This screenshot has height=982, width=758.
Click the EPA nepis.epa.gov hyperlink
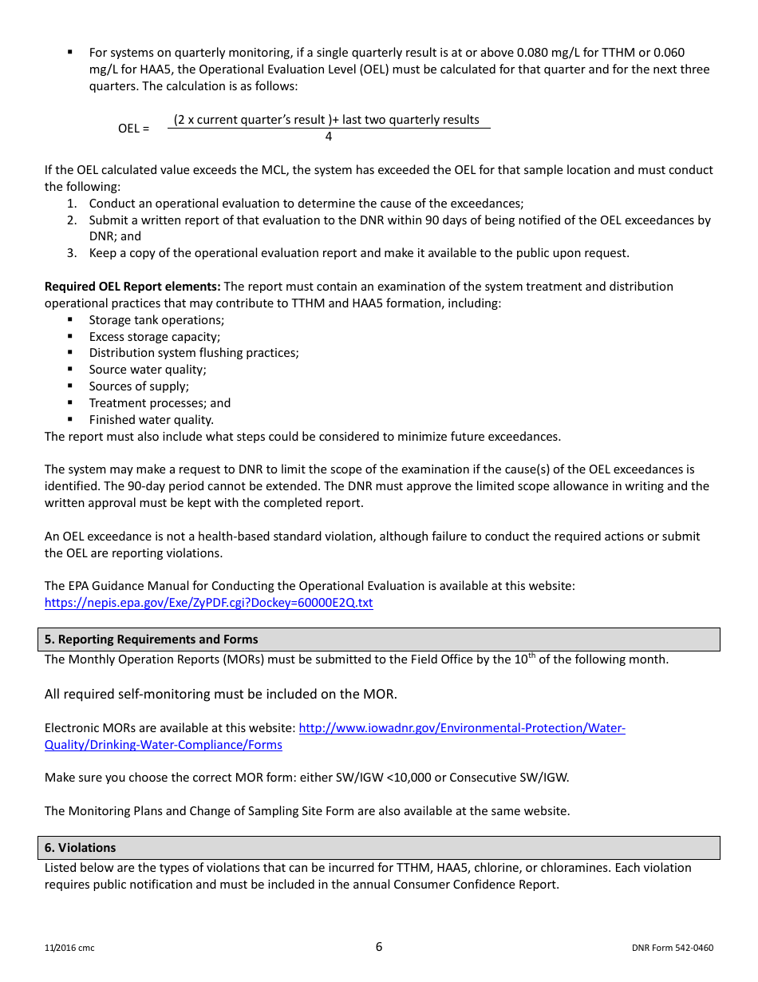[x=208, y=603]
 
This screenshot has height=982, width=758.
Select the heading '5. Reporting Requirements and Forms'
[x=152, y=639]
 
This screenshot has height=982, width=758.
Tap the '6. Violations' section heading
[x=81, y=848]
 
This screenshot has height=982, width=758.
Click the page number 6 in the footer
[x=379, y=947]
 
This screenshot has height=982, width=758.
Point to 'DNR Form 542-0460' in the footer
[x=672, y=948]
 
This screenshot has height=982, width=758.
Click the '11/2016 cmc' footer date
[x=69, y=948]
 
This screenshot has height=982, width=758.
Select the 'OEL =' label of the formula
[x=133, y=129]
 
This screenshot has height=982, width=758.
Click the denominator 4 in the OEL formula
[x=329, y=137]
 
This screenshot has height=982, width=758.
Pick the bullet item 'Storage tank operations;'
[x=156, y=320]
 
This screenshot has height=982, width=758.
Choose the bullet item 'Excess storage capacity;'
[x=155, y=337]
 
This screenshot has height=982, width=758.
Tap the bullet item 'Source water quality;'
[x=148, y=370]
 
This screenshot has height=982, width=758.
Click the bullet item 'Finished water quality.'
[x=152, y=420]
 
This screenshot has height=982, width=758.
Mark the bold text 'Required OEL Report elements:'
[x=132, y=287]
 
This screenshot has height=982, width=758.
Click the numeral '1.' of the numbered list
[x=72, y=204]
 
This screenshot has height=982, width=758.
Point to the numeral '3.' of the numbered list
[x=72, y=253]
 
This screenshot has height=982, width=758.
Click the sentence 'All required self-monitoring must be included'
[x=220, y=694]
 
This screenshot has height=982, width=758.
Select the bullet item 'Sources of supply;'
[x=139, y=386]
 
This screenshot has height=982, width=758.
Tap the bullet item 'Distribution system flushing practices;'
[x=194, y=353]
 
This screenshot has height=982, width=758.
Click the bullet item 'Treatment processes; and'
[x=160, y=403]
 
